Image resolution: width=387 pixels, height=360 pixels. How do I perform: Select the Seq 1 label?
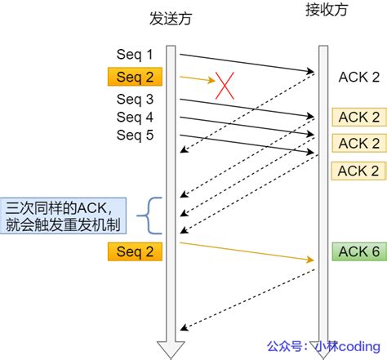click(135, 55)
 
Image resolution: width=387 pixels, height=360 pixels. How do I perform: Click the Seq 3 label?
click(135, 99)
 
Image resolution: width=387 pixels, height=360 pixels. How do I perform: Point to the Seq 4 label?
click(135, 117)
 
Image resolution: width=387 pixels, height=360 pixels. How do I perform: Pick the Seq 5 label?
click(135, 135)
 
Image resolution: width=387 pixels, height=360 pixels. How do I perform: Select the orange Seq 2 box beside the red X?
click(135, 78)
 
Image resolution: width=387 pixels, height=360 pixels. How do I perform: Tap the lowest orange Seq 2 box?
click(135, 251)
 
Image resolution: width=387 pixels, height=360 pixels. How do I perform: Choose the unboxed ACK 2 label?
click(358, 78)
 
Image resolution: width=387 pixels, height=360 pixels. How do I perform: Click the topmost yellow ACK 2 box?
click(358, 117)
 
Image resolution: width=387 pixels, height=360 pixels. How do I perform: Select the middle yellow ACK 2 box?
click(358, 143)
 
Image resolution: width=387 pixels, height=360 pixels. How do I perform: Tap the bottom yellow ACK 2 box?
click(358, 170)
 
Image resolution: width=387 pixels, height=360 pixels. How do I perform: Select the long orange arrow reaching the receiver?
click(245, 251)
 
